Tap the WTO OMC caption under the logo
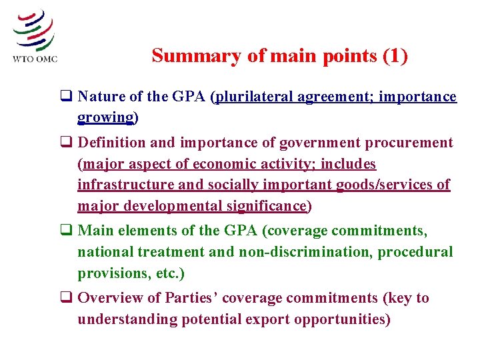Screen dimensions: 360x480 [x=35, y=59]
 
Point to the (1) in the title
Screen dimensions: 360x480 [x=395, y=55]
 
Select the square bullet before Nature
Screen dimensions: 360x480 [x=67, y=97]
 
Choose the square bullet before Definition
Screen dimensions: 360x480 [x=67, y=143]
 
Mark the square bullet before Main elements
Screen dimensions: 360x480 [x=67, y=231]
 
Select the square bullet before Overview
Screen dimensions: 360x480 [x=67, y=298]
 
